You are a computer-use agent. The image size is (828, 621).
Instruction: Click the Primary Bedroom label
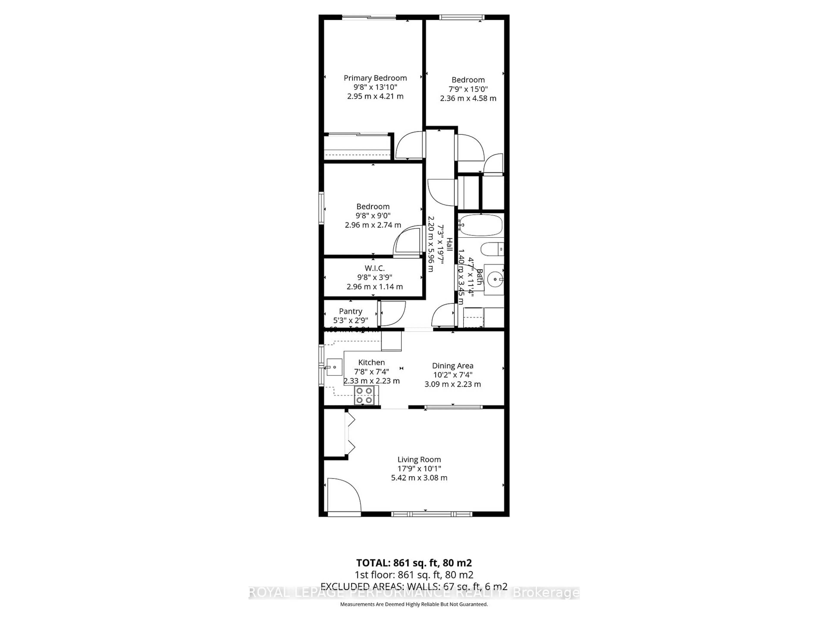375,78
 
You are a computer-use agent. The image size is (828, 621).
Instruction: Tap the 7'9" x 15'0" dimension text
468,89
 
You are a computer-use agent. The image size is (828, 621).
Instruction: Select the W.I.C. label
374,268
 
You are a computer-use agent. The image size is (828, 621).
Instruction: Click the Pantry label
350,311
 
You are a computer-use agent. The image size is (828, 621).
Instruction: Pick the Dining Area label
453,366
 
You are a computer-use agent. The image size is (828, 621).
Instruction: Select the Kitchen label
371,362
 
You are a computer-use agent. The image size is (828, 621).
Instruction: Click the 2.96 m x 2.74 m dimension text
373,225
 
